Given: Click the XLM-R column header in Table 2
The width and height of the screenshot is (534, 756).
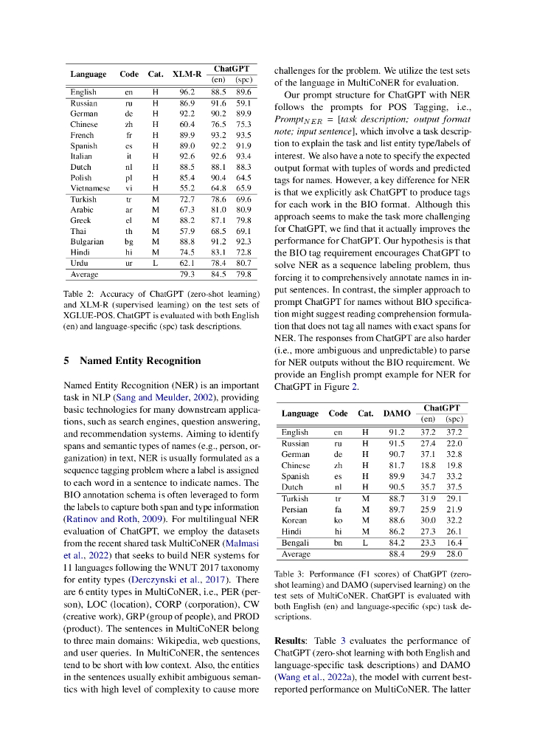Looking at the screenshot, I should tap(187, 74).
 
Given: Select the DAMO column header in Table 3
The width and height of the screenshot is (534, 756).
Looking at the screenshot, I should tap(398, 413).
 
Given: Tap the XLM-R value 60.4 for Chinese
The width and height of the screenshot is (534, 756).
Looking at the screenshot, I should tap(187, 125).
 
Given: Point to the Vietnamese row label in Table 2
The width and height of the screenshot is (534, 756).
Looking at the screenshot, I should tap(90, 188).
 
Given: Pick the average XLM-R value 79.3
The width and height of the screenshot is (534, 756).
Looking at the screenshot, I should tap(187, 275).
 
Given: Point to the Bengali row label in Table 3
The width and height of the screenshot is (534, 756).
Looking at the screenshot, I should tap(295, 542).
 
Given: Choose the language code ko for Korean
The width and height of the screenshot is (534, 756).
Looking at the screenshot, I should tap(338, 520).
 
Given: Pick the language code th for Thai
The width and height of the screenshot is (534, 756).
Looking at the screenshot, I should tap(128, 231).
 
